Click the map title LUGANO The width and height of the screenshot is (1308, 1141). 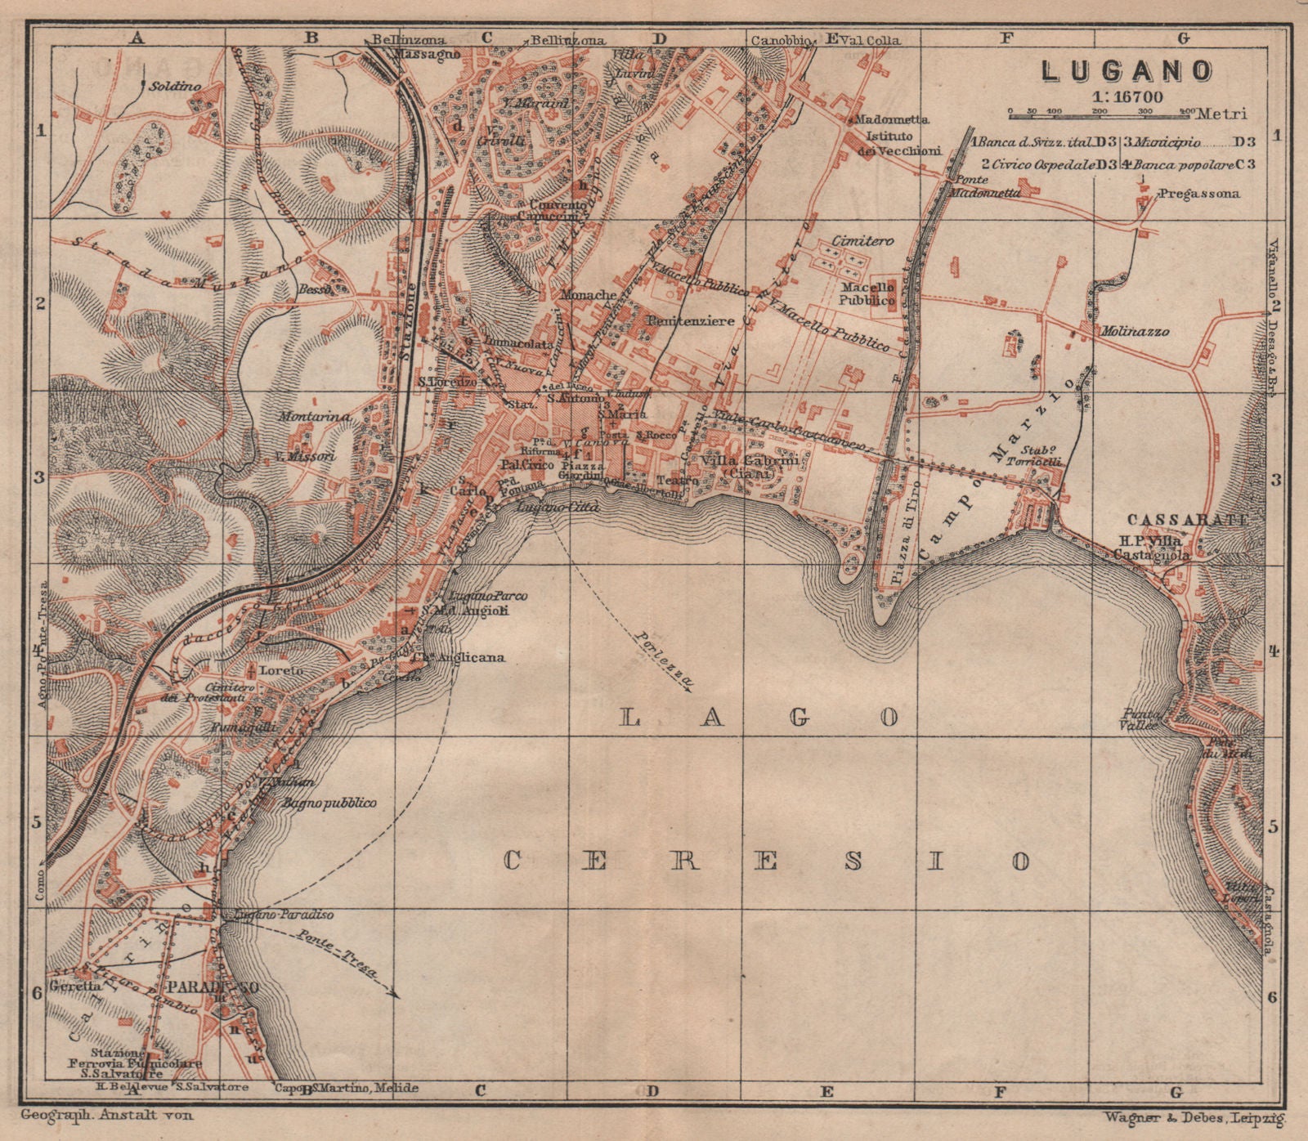(1127, 70)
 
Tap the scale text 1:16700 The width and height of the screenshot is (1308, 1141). (1126, 96)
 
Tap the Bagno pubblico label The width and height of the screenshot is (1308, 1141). (329, 803)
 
